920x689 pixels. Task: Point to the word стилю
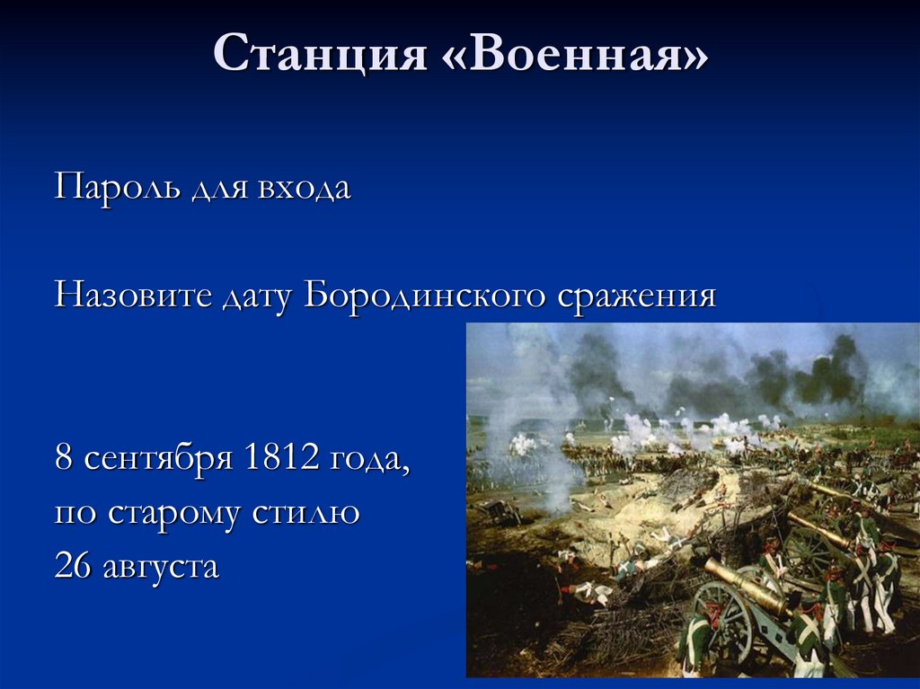click(x=318, y=513)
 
